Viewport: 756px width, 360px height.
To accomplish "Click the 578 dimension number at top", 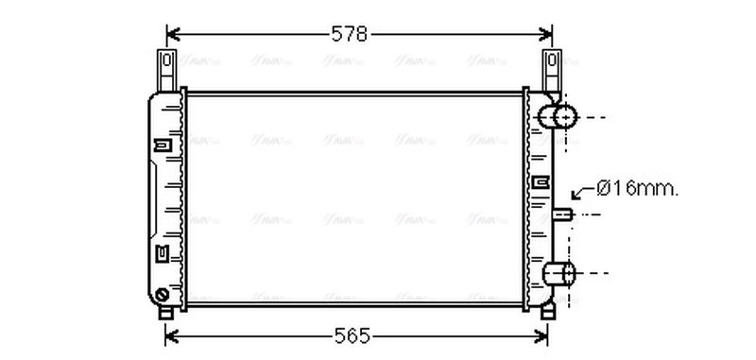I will [x=349, y=35].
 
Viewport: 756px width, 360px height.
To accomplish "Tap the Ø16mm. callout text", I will [x=638, y=189].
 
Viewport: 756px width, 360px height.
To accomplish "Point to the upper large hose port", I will [x=558, y=117].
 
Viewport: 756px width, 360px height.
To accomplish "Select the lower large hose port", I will [x=559, y=274].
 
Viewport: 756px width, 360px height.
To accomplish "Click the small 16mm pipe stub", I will [x=564, y=214].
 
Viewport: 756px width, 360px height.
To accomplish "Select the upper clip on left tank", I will [x=162, y=145].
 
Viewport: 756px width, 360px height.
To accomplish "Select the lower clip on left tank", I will [x=162, y=252].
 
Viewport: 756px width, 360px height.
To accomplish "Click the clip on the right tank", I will [x=541, y=181].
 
